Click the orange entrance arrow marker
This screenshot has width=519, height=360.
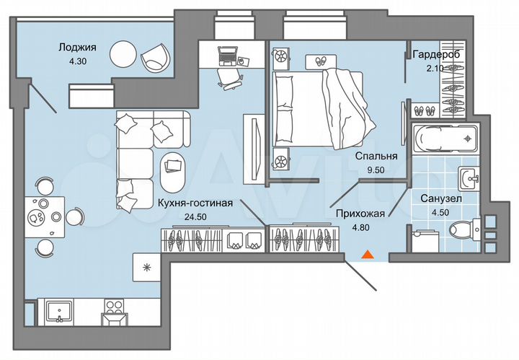coord(368,254)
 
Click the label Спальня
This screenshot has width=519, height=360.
coord(376,155)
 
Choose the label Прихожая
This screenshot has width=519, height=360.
coord(359,213)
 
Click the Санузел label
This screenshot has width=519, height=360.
coord(439,198)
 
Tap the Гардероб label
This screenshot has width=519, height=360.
coord(436,55)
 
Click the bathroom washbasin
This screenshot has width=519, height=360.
coord(469,177)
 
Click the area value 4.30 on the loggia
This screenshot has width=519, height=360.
coord(71,62)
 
